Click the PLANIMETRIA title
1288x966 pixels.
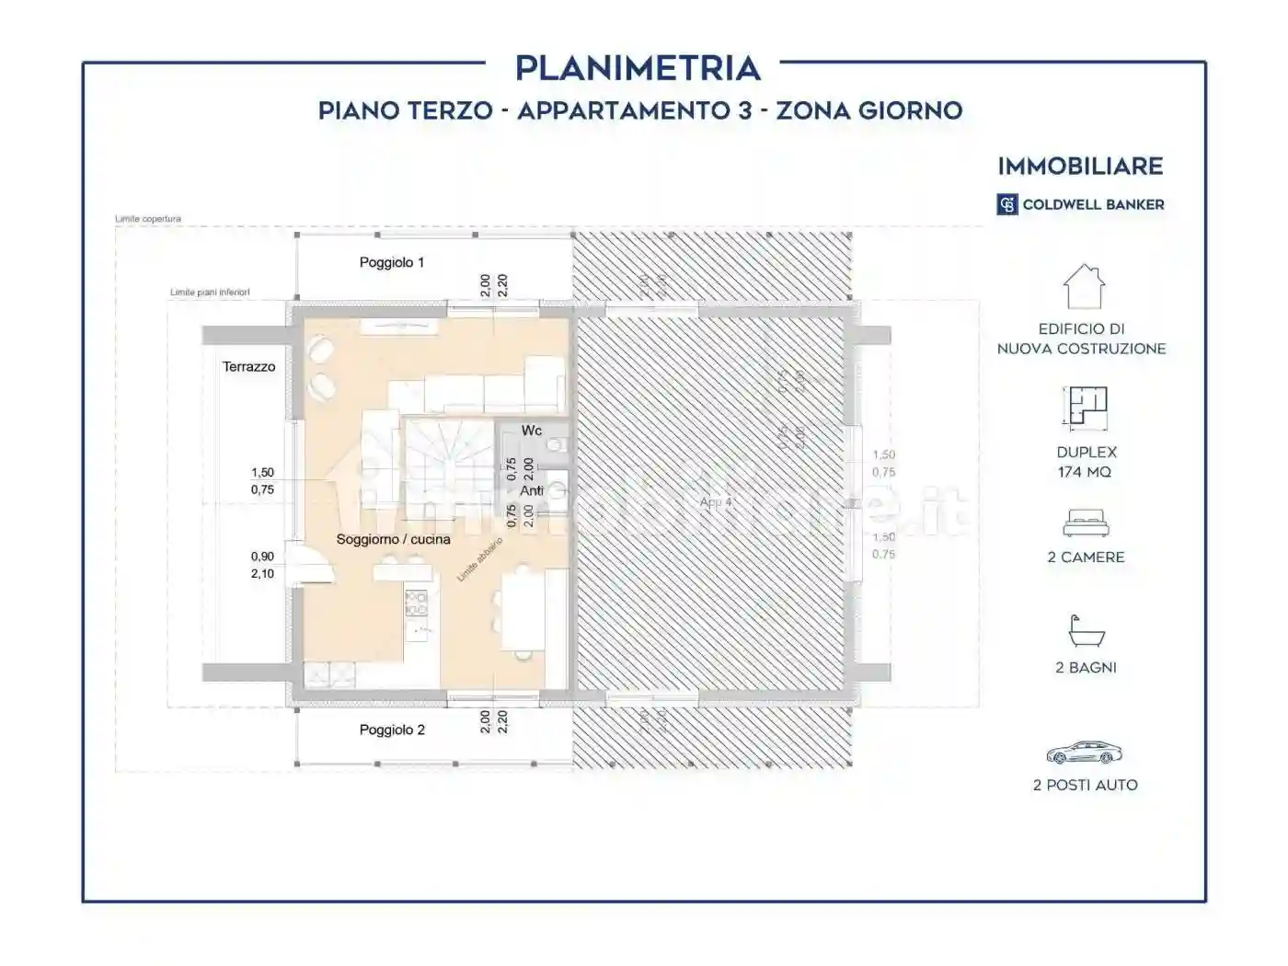coord(638,68)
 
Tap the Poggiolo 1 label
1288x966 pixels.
coord(392,262)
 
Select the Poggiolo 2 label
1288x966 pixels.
coord(392,730)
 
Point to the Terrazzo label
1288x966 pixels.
coord(248,366)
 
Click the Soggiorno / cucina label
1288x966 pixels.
coord(393,539)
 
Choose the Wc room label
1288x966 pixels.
coord(532,431)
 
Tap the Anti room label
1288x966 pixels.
coord(532,490)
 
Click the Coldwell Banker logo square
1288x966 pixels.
coord(1007,204)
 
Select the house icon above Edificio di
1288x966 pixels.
coord(1084,287)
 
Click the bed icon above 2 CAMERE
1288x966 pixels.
coord(1086,524)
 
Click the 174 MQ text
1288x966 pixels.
coord(1085,472)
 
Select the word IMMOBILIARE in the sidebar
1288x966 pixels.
coord(1081,167)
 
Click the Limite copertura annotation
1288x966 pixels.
coord(148,219)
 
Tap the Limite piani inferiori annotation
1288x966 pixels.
coord(210,293)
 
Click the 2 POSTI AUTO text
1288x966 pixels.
coord(1086,785)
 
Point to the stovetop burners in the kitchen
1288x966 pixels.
coord(417,603)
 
